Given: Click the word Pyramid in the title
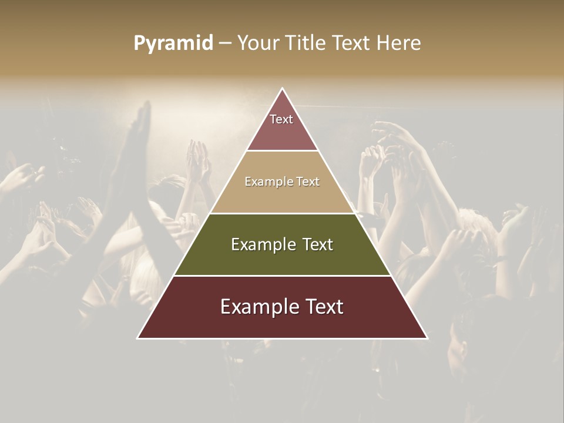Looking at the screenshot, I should pos(173,43).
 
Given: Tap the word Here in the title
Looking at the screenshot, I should pos(398,43).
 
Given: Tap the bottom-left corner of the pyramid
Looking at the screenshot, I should pos(139,338).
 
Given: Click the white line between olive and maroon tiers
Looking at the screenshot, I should pos(282,276).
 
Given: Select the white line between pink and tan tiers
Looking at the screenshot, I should pos(282,151).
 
